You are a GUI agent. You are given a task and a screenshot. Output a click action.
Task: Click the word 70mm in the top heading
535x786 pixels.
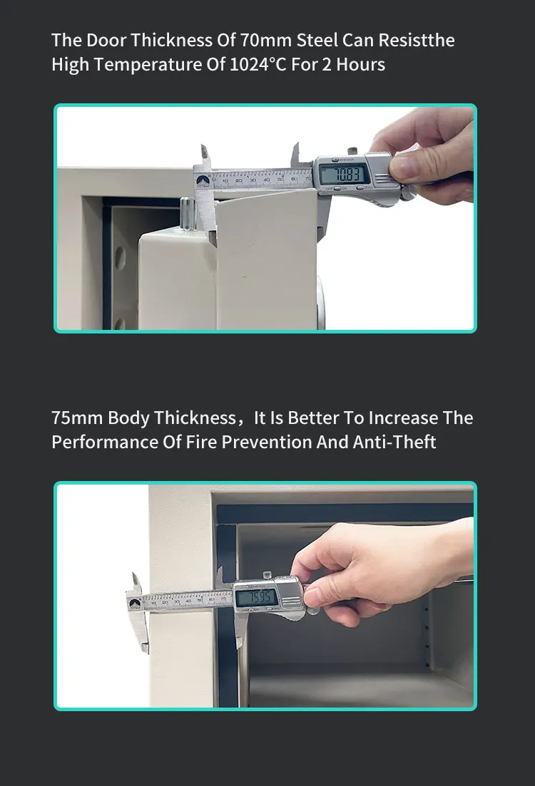266,40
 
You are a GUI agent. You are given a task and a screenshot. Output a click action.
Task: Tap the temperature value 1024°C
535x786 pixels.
258,65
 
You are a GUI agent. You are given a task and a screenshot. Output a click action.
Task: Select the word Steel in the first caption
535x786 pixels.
317,40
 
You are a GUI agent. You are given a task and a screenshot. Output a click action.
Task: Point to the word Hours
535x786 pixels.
360,65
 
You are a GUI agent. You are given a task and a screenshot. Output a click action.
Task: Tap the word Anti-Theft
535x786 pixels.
394,442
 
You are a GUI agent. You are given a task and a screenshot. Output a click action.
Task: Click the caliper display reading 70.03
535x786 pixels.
344,174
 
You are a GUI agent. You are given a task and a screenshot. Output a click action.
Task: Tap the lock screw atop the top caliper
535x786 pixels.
352,150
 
